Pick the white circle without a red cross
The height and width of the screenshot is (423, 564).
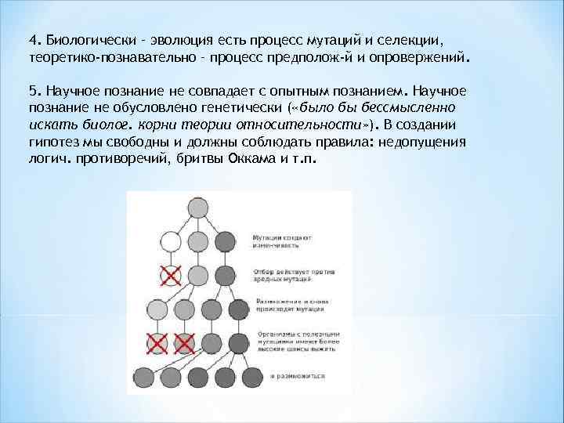tap(171, 240)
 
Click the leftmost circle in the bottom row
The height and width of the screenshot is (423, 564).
tap(145, 376)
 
